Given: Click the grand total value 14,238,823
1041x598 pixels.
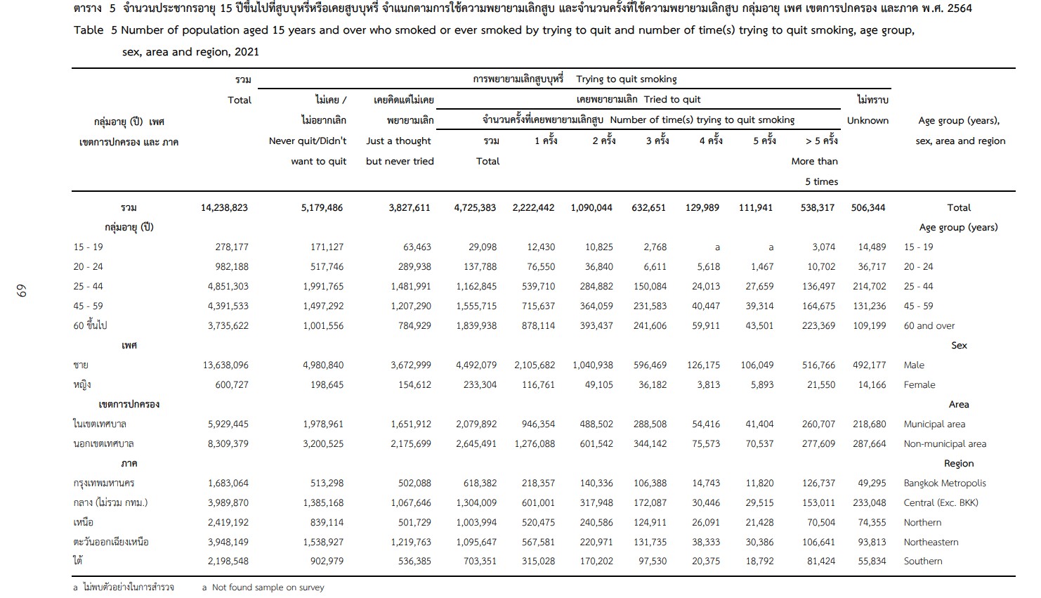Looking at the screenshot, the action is (224, 207).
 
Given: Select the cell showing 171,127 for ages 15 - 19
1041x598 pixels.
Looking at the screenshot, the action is (327, 247).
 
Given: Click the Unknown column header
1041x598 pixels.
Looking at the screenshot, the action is (867, 120).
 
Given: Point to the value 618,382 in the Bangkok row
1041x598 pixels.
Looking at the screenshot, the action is (480, 483).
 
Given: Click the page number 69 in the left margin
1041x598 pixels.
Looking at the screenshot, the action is (21, 291).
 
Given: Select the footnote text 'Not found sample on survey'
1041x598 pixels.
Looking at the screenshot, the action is (268, 587).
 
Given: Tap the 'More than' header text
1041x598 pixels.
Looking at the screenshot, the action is (814, 162).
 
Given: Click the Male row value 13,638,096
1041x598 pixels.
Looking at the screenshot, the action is (225, 365).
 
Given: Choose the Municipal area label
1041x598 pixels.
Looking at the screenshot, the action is (934, 424).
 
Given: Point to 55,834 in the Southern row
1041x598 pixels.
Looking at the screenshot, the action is (872, 561).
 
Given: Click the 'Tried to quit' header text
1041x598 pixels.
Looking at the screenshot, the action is (672, 100).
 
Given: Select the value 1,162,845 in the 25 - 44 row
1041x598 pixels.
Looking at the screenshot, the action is (476, 287).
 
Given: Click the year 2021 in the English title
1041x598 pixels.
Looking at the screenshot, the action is (247, 51).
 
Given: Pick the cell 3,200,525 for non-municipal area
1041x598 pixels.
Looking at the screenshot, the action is (323, 443).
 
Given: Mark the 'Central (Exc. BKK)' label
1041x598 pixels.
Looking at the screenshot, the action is (941, 502).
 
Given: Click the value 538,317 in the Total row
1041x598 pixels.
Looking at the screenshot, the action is (817, 207).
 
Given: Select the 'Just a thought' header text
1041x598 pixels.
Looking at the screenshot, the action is (398, 141).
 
